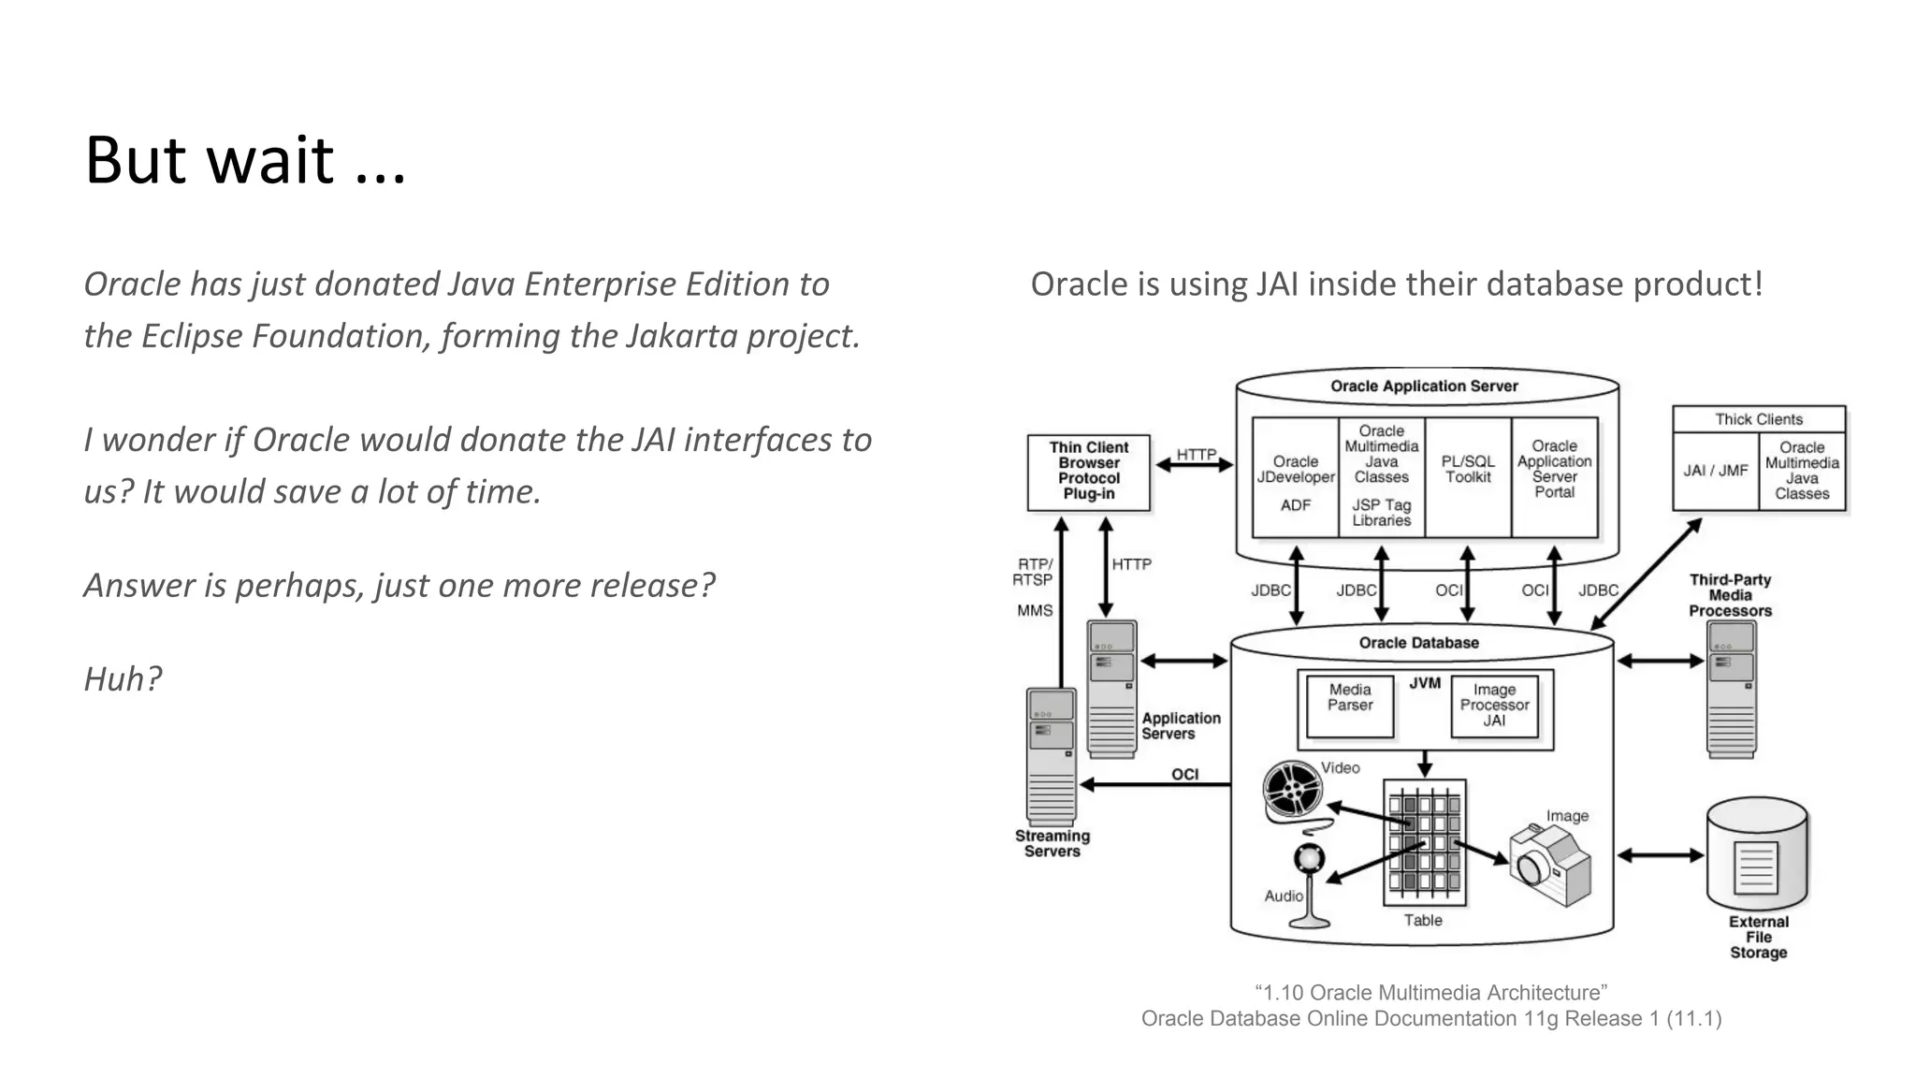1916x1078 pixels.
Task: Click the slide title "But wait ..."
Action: click(x=245, y=160)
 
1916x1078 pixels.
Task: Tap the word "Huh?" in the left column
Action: click(x=123, y=678)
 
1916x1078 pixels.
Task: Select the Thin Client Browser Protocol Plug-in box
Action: click(x=1088, y=472)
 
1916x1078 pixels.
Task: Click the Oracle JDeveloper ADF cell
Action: click(x=1295, y=478)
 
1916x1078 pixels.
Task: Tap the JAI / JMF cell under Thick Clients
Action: click(x=1715, y=471)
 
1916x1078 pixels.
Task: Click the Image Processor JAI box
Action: click(x=1494, y=706)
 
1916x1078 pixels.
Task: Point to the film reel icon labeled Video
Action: click(x=1293, y=791)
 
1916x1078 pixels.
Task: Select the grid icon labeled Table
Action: click(x=1424, y=842)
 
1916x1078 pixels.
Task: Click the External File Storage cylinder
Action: click(x=1757, y=856)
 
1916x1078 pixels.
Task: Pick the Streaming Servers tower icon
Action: click(x=1051, y=756)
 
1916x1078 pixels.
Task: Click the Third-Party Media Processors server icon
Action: click(x=1731, y=688)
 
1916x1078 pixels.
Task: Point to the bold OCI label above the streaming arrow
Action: click(x=1184, y=774)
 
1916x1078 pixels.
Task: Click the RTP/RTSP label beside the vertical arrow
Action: click(x=1034, y=572)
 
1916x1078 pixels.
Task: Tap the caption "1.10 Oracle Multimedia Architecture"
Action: click(x=1430, y=993)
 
